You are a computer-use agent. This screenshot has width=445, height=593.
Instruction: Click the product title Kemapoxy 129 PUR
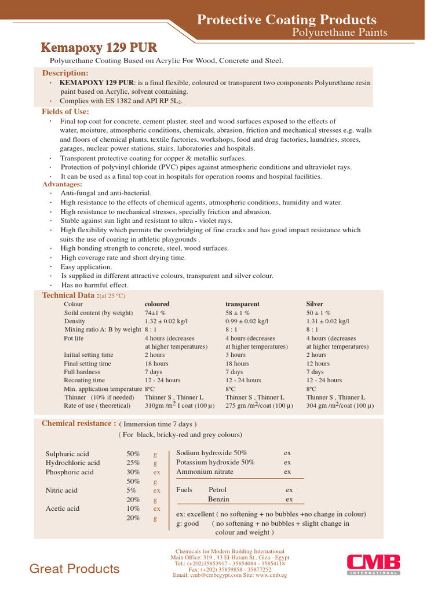point(99,47)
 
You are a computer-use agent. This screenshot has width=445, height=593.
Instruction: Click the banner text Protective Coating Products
point(286,20)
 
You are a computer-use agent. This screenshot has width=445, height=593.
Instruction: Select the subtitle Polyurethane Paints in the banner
point(339,32)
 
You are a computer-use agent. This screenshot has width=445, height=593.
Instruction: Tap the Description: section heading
point(65,73)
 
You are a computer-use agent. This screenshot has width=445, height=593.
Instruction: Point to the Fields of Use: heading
point(65,111)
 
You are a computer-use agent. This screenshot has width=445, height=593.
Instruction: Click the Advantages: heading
point(62,184)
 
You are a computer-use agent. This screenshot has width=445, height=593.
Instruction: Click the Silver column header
point(315,304)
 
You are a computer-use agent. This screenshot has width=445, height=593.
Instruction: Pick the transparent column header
point(242,304)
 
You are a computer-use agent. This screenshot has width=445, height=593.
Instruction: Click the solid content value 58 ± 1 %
point(240,313)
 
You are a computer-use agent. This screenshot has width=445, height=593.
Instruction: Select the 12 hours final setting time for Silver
point(318,364)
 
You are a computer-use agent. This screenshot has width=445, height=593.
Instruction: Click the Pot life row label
point(73,338)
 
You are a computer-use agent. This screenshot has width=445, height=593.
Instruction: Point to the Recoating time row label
point(85,380)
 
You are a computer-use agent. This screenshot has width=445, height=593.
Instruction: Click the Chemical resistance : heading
point(78,423)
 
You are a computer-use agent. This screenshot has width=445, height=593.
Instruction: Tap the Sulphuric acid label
point(67,454)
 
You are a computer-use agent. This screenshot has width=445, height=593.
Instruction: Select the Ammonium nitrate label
point(205,471)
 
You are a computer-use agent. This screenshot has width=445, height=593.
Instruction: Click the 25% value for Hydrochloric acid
point(133,463)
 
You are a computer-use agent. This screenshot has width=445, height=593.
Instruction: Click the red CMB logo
point(373,564)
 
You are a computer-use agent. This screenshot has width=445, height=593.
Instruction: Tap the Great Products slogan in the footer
point(75,569)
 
